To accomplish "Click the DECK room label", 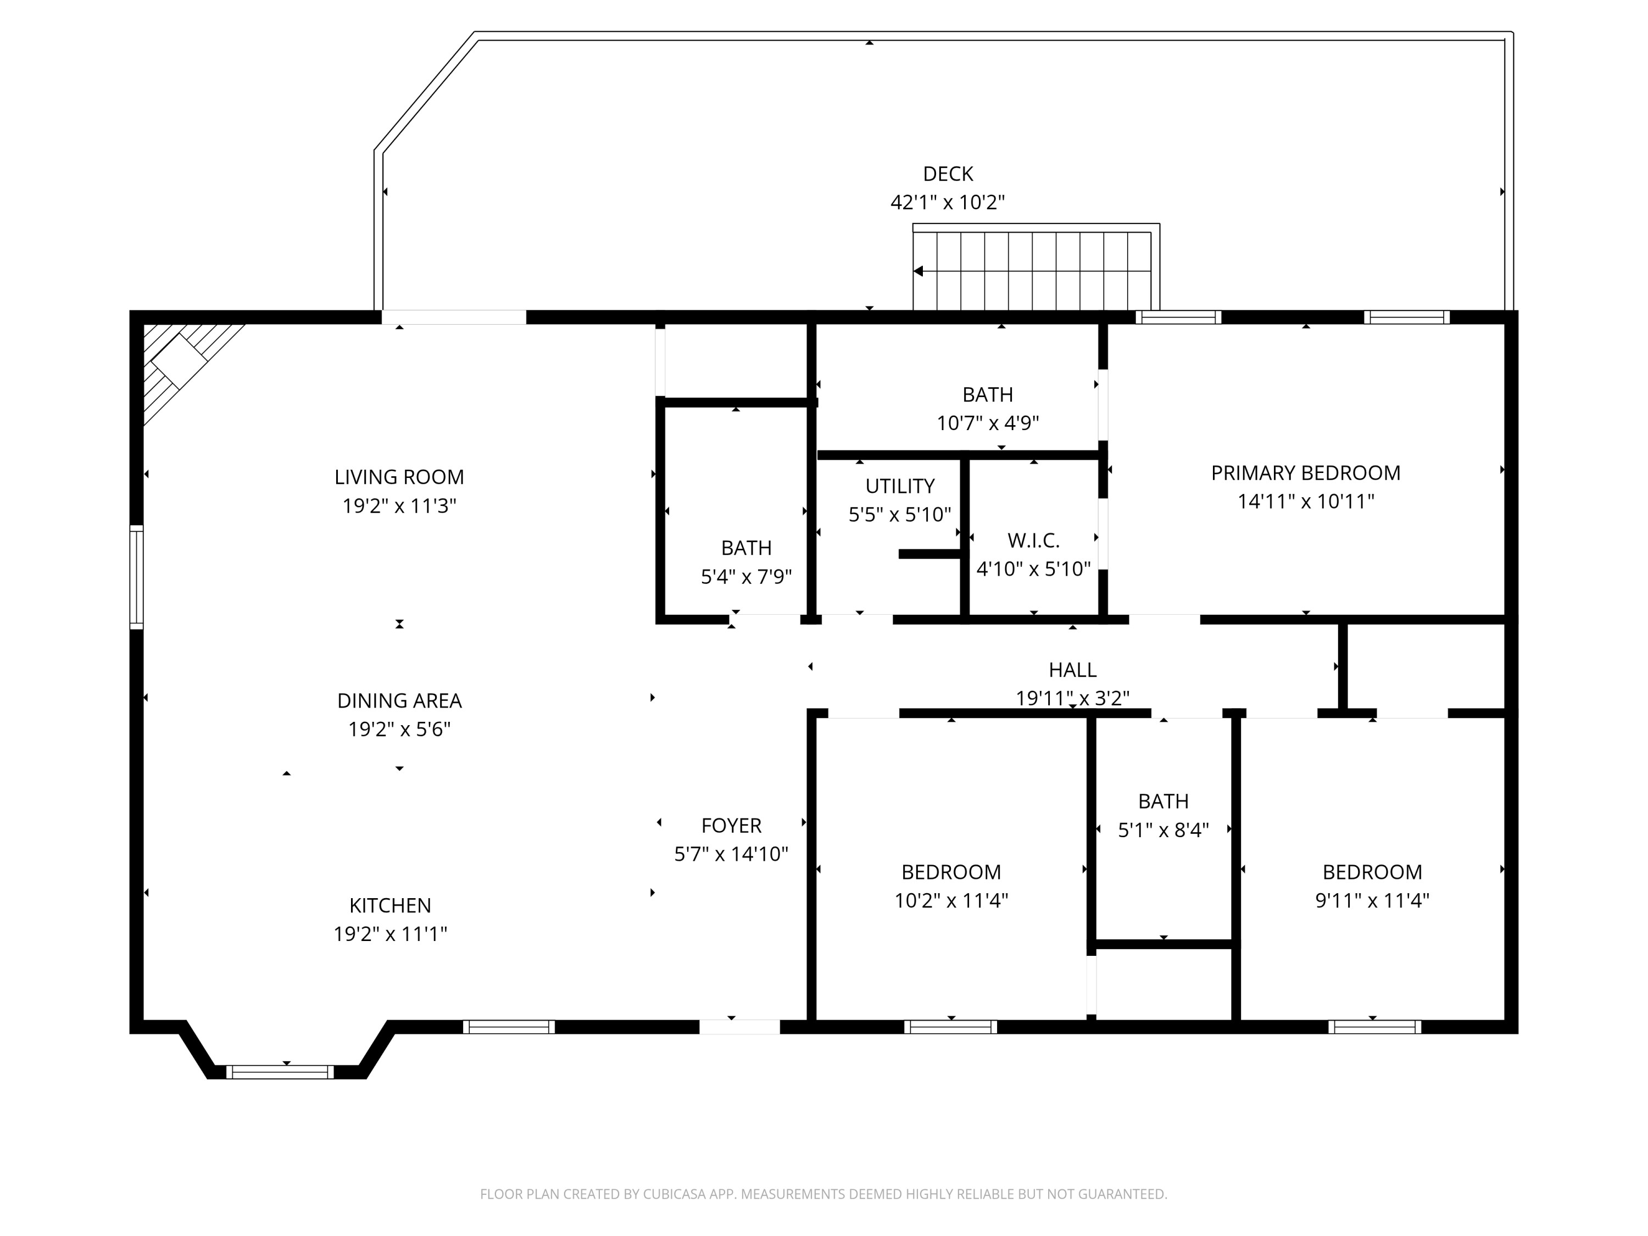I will click(x=948, y=174).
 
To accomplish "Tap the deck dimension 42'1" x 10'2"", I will click(x=948, y=203).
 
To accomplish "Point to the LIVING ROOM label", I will click(x=399, y=477).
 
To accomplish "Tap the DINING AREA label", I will click(x=399, y=700).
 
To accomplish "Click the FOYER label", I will click(x=731, y=826).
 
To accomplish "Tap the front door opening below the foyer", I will click(x=739, y=1027).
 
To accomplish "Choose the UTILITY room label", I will click(x=899, y=486).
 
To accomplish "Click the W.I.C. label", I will click(x=1033, y=540).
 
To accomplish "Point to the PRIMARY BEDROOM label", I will click(x=1305, y=473).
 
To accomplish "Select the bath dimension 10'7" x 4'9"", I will click(x=987, y=423).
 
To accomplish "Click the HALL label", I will click(x=1072, y=670).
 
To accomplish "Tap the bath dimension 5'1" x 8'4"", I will click(x=1163, y=830).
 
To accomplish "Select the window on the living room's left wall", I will click(x=136, y=577).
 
